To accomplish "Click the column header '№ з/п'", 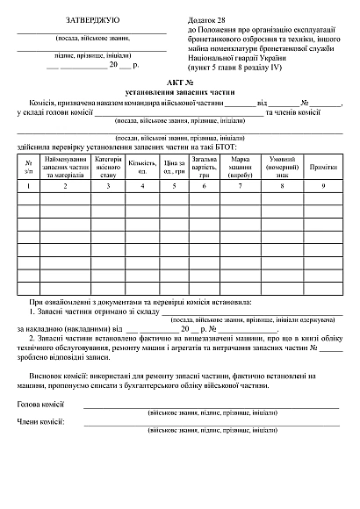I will (29, 167).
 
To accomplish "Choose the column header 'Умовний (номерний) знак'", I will (282, 167).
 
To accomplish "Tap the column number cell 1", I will (29, 187).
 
